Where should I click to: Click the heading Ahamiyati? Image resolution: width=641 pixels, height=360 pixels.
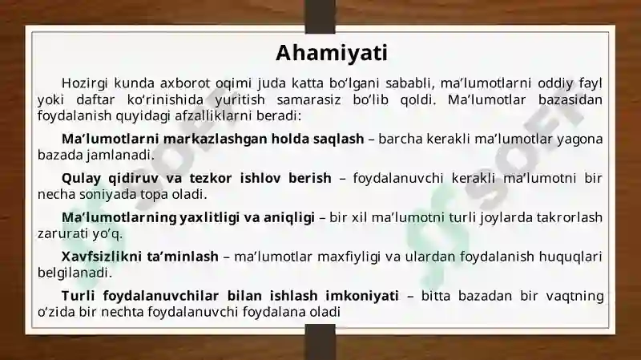point(332,53)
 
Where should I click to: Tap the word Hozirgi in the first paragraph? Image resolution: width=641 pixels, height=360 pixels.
point(85,83)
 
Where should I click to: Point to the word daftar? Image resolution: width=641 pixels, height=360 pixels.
point(95,99)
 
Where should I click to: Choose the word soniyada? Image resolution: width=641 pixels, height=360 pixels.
point(108,194)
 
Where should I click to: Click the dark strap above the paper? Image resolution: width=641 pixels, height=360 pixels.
point(320,16)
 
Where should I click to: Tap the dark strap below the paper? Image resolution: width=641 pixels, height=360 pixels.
point(320,343)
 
